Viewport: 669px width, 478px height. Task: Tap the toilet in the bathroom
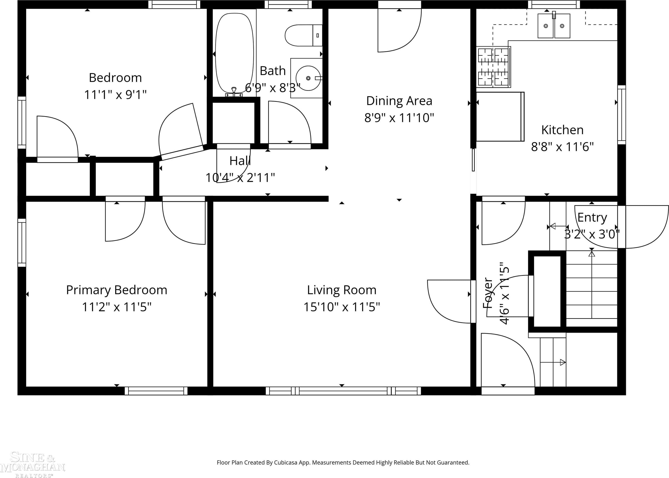click(x=303, y=35)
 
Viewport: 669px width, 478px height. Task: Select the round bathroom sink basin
click(x=308, y=78)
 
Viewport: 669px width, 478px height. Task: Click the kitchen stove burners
click(x=493, y=67)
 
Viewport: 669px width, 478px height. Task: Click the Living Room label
click(x=342, y=290)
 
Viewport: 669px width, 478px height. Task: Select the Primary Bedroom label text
click(x=117, y=290)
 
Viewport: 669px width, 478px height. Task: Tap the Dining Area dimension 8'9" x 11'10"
click(x=399, y=118)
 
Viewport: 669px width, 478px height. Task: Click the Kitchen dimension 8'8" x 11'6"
click(x=562, y=147)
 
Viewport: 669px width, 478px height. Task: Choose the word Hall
click(x=240, y=161)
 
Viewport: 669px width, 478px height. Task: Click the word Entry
click(x=592, y=218)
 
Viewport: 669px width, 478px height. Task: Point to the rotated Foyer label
click(x=488, y=293)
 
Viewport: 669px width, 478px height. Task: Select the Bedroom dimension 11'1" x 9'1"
click(x=115, y=95)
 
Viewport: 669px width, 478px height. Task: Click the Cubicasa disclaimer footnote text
click(x=343, y=463)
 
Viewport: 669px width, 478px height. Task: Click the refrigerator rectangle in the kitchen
click(x=500, y=117)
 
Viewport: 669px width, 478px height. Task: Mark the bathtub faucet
click(x=234, y=92)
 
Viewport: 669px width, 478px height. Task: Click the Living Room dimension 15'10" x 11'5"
click(x=342, y=307)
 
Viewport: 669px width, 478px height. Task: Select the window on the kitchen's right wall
click(x=621, y=115)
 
